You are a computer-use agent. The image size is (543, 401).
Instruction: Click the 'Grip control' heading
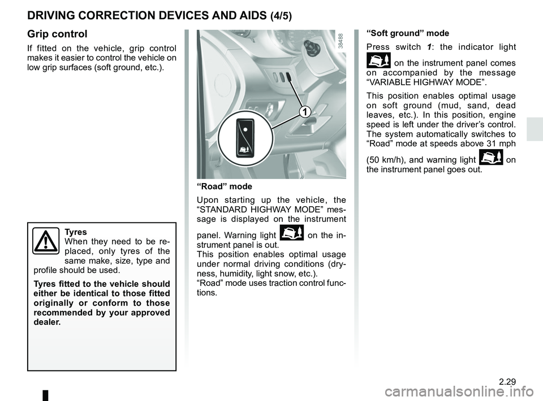(57, 34)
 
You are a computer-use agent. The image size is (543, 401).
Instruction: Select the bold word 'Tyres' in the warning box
(76, 232)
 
